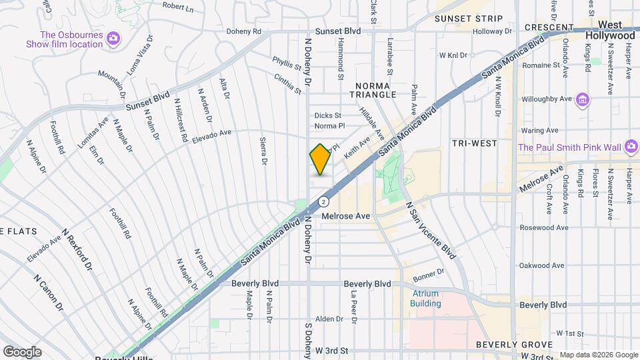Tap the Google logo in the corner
click(22, 351)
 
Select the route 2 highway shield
click(323, 201)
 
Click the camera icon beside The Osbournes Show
click(113, 39)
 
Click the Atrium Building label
click(425, 299)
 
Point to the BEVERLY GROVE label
click(513, 345)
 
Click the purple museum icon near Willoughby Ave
click(583, 100)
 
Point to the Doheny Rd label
click(243, 31)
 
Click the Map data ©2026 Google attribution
click(598, 354)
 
